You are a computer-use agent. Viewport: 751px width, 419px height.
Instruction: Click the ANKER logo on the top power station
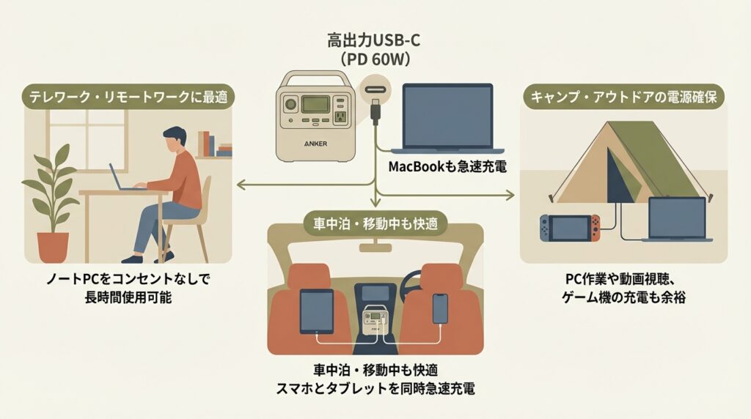[315, 144]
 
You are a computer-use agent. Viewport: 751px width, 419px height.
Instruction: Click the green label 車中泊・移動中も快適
[375, 223]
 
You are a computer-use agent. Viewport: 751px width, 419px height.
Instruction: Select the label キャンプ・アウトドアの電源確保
[623, 96]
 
